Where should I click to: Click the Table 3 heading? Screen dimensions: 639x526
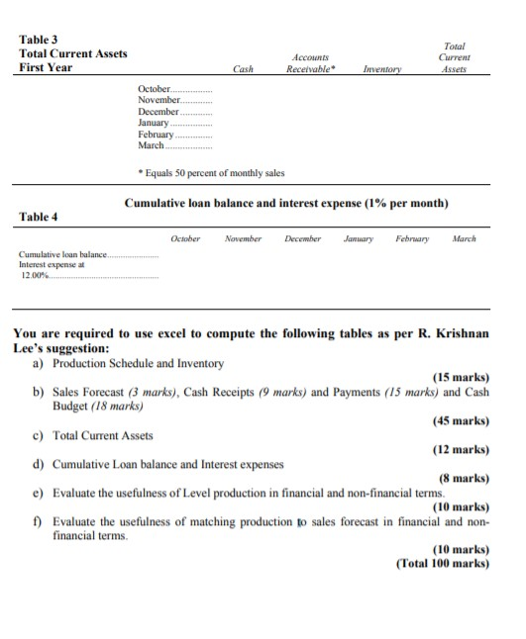click(39, 39)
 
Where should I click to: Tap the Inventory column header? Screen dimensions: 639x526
click(381, 69)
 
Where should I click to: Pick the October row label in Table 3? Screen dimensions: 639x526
click(154, 91)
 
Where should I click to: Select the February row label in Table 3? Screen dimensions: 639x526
click(157, 135)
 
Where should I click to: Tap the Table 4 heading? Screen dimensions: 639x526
click(39, 216)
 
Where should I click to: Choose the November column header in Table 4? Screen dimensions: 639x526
click(243, 239)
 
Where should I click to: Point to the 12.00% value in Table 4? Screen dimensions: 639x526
click(33, 276)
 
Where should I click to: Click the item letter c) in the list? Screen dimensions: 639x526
click(39, 434)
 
